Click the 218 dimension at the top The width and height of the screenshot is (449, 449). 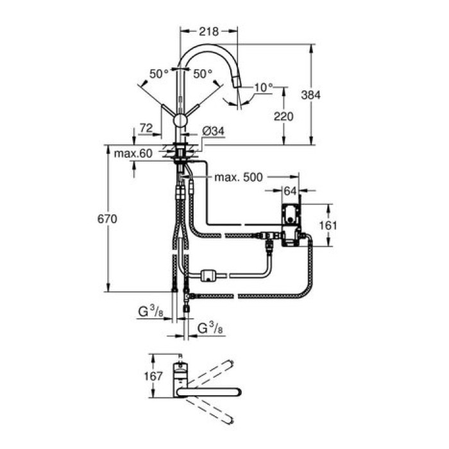pos(209,31)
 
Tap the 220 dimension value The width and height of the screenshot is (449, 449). pos(283,116)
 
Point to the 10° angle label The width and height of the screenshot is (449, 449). pos(263,87)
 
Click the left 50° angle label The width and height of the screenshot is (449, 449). pos(158,74)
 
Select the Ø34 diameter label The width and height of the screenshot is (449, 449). pos(212,131)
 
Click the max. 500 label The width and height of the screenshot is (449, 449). pos(239,178)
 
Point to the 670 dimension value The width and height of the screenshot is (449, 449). pos(106,219)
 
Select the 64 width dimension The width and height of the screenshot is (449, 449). pos(291,190)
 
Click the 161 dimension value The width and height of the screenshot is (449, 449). pos(328,225)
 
